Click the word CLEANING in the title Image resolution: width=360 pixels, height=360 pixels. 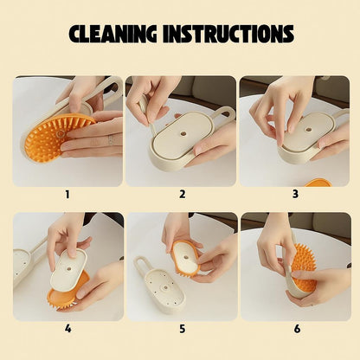tap(112, 34)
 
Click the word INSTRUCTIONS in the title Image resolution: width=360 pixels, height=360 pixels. tap(228, 34)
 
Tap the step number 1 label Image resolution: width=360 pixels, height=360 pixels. tap(67, 195)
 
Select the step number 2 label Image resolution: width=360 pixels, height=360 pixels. tap(183, 195)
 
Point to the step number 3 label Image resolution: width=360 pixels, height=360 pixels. tap(295, 194)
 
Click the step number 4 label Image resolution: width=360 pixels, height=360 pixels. tap(67, 329)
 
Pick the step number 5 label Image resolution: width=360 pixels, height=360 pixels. tap(183, 329)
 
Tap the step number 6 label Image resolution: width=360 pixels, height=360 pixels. tap(297, 329)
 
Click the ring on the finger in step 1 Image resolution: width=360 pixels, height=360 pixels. tap(111, 140)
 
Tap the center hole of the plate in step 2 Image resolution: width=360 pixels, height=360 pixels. tap(183, 134)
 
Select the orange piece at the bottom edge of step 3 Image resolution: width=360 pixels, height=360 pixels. tap(318, 183)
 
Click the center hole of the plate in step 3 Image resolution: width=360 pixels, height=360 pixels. tap(309, 130)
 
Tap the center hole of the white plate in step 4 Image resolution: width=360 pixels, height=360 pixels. tap(69, 269)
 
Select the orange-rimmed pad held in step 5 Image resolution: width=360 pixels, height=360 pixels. tap(185, 258)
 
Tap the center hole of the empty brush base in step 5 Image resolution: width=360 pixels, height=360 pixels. tap(165, 287)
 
